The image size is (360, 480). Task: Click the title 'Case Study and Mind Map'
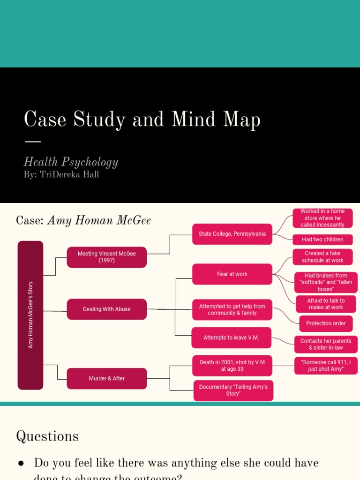tap(142, 120)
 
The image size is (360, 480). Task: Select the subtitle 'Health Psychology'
tap(71, 162)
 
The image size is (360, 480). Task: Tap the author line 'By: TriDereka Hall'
tap(61, 175)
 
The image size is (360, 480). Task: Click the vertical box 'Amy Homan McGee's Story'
tap(30, 315)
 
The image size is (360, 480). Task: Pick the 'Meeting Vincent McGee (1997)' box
tap(107, 257)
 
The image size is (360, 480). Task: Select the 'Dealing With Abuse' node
tap(107, 309)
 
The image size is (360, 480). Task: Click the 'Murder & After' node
tap(107, 378)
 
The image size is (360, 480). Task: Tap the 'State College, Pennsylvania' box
tap(232, 234)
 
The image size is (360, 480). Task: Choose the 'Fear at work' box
tap(232, 274)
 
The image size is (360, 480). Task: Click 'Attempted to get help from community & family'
tap(232, 310)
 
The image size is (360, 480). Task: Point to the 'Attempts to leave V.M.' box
tap(231, 337)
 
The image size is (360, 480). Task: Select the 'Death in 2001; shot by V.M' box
tap(232, 366)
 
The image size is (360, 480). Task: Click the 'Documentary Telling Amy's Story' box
tap(233, 390)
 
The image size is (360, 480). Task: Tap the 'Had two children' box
tap(322, 240)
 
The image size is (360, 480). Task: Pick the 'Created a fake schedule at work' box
tap(322, 257)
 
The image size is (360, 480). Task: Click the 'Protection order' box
tap(326, 323)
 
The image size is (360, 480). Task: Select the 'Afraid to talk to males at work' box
tap(326, 304)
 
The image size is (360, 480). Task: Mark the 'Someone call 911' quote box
tap(326, 366)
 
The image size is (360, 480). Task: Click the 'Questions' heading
tap(47, 436)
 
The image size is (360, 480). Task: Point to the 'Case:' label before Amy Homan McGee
tap(30, 221)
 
